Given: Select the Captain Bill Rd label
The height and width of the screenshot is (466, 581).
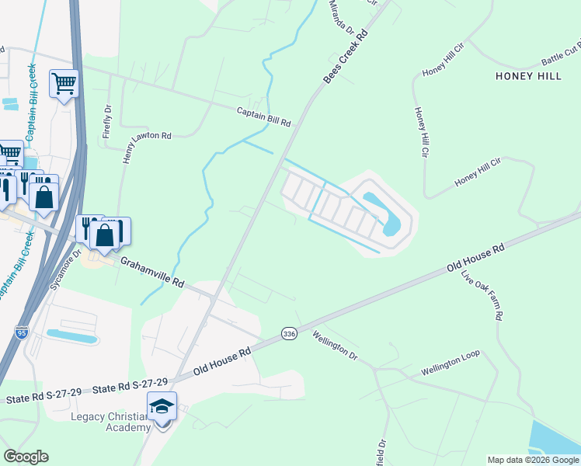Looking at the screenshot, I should [x=263, y=118].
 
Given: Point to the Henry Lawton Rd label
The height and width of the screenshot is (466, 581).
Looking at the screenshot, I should [x=147, y=136].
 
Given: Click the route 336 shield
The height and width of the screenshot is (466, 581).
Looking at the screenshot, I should [x=289, y=333].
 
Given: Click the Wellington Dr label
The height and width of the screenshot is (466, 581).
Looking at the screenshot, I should [x=335, y=346].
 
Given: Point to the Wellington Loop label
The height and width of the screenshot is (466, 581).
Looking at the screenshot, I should [x=451, y=363].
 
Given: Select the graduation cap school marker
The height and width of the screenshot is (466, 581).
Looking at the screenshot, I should [x=162, y=407].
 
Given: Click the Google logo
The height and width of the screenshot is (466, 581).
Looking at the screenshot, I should [x=26, y=457].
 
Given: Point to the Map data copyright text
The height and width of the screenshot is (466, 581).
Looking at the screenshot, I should [x=533, y=460].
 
